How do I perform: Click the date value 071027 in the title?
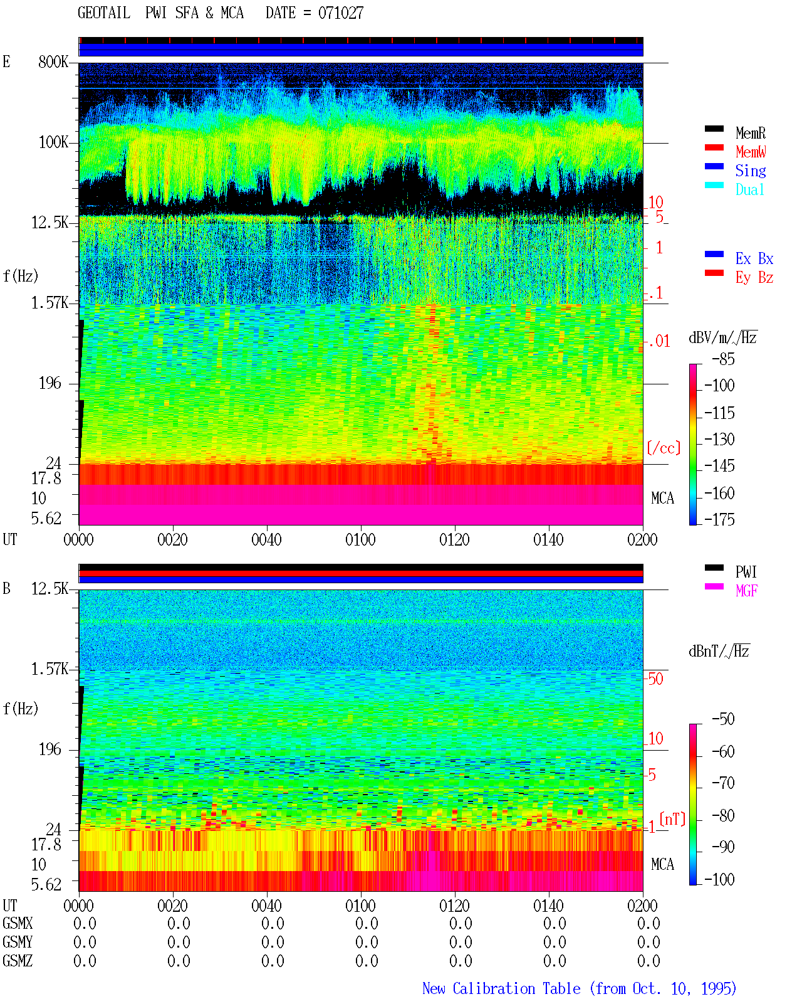click(x=340, y=13)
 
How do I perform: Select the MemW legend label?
click(x=750, y=152)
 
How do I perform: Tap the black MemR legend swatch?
click(x=714, y=129)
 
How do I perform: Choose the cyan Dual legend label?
click(x=749, y=189)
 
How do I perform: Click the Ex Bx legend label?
click(x=754, y=258)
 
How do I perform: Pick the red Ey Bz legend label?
click(x=754, y=277)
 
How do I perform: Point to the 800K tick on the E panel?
click(x=53, y=61)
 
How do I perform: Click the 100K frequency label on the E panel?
click(x=53, y=142)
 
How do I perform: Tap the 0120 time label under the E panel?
click(x=454, y=539)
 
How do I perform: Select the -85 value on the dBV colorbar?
click(x=723, y=359)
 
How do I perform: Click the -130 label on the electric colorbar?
click(x=719, y=439)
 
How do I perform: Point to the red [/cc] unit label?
click(x=664, y=448)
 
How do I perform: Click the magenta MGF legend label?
click(x=746, y=591)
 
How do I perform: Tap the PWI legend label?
click(x=746, y=571)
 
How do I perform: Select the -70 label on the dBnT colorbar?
click(x=723, y=783)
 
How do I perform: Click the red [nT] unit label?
click(x=672, y=819)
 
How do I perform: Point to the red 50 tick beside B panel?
click(x=655, y=679)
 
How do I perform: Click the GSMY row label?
click(x=18, y=942)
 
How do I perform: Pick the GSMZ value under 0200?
click(x=648, y=961)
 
